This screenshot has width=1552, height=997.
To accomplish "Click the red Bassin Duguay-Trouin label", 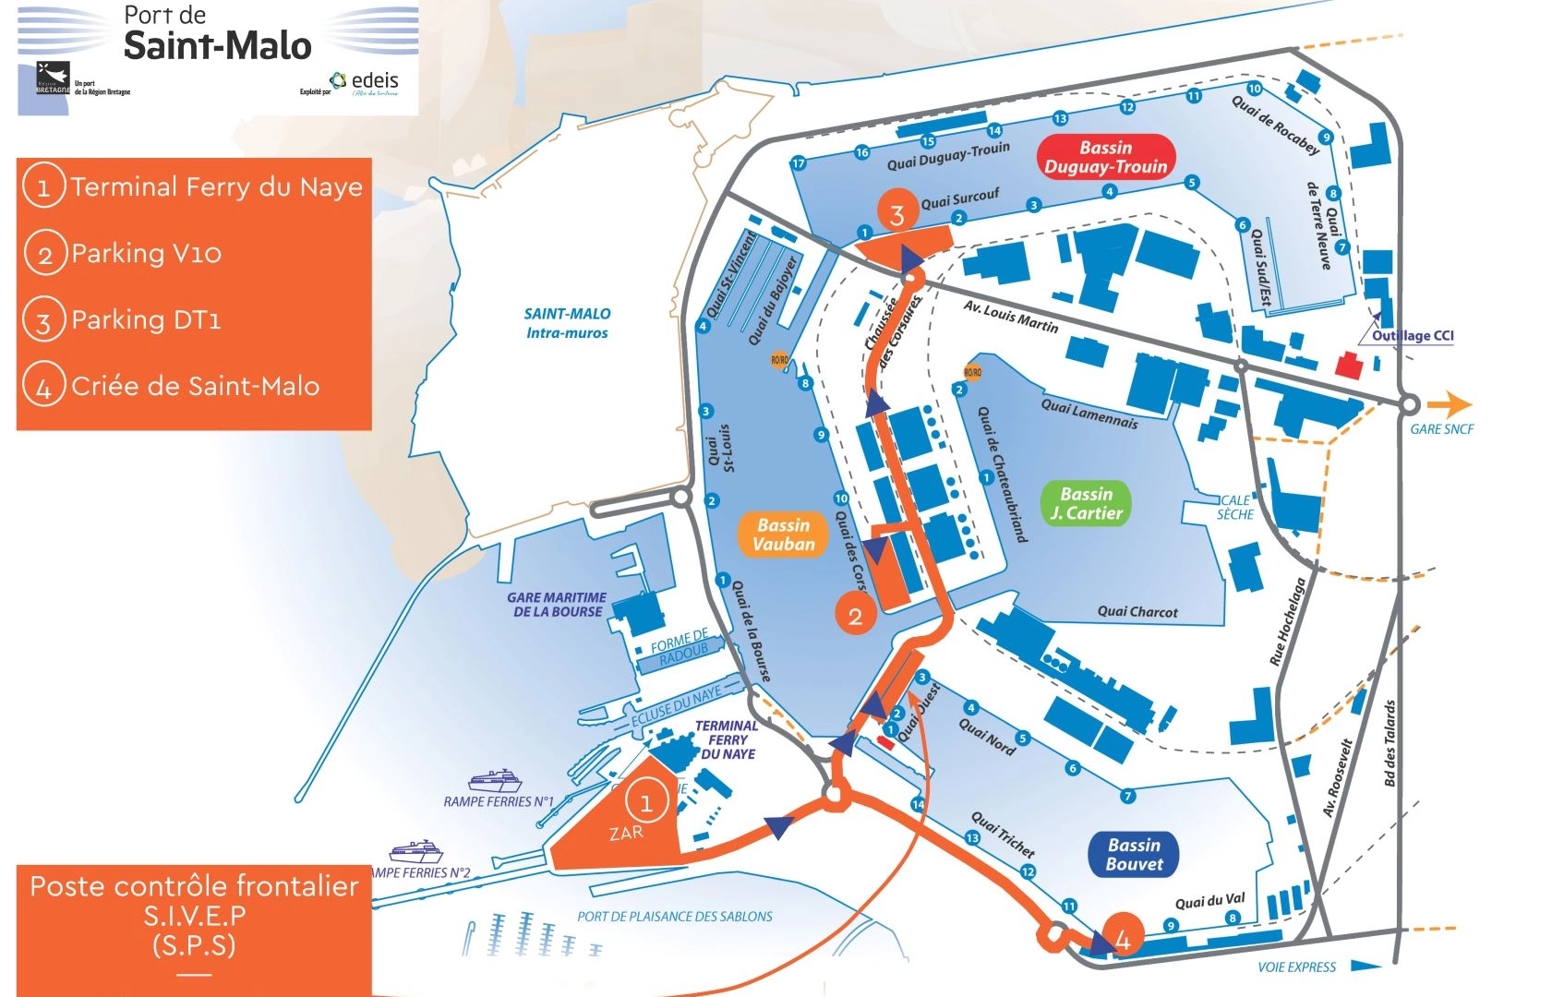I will click(1105, 157).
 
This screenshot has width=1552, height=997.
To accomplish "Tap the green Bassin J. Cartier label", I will click(1086, 503).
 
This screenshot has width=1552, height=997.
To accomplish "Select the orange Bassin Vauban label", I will click(783, 535).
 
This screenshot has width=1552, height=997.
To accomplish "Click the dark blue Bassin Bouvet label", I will click(1134, 854).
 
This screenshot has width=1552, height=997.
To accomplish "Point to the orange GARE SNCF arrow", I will click(1449, 404).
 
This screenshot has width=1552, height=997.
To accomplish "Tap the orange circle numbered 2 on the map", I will click(855, 616).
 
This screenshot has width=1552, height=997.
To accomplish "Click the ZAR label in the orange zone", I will click(626, 833).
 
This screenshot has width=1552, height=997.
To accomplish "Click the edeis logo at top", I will click(366, 83).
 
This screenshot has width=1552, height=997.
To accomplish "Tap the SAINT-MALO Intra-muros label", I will click(567, 323).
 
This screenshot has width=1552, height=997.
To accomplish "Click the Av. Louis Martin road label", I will click(1010, 316).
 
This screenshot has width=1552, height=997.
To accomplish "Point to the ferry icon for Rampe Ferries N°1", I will click(496, 780).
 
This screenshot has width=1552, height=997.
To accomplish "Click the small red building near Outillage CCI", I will click(1349, 366).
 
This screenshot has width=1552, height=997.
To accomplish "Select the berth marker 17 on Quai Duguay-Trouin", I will click(799, 163).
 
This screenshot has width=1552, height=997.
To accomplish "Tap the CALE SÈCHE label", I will click(1234, 507).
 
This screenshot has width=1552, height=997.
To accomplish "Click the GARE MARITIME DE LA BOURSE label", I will click(557, 605).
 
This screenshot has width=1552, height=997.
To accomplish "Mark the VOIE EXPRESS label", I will click(1296, 967).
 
